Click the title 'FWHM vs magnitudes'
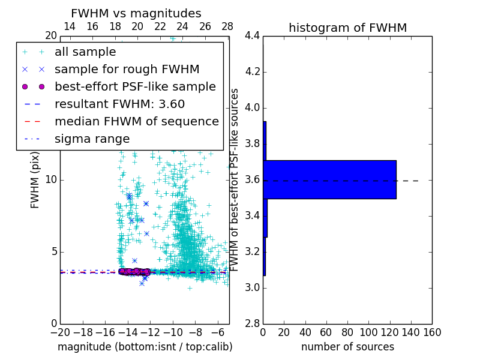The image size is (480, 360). click(x=136, y=13)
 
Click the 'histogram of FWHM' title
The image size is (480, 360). click(x=347, y=28)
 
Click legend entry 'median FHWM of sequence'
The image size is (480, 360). click(x=136, y=121)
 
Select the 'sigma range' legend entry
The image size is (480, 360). click(x=92, y=139)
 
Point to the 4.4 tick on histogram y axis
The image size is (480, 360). click(x=252, y=36)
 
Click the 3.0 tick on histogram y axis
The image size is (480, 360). click(x=252, y=287)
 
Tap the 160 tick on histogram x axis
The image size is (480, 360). click(x=431, y=332)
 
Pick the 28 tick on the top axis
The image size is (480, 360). click(x=227, y=27)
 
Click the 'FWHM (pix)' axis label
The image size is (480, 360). click(x=35, y=180)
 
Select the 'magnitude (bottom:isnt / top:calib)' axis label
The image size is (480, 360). click(x=145, y=347)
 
